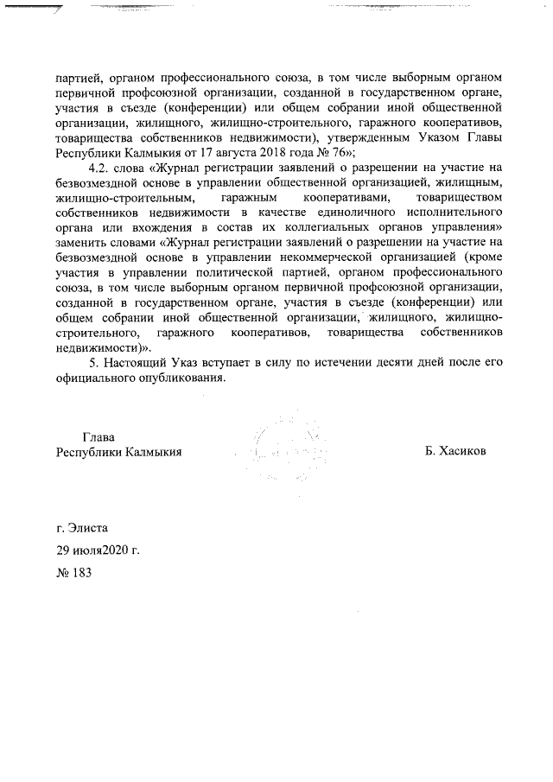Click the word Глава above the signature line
(99, 436)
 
